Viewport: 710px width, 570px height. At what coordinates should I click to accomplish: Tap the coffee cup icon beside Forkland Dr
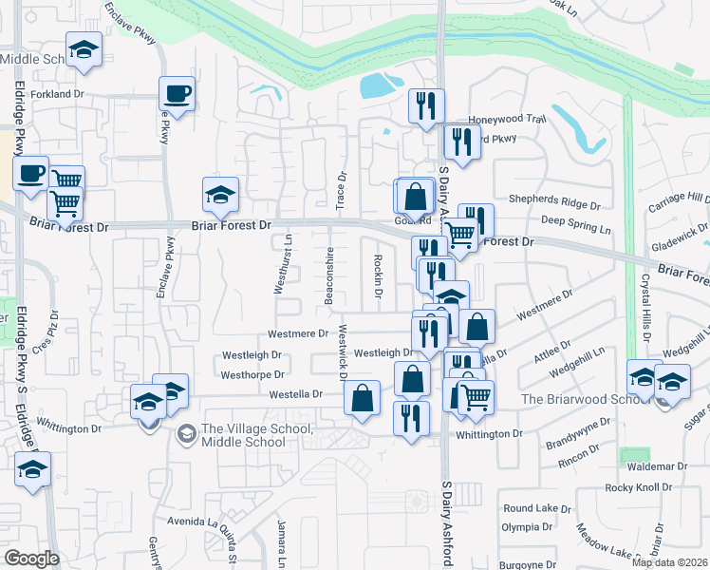[x=177, y=94]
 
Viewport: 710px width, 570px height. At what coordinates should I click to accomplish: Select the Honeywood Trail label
[x=509, y=120]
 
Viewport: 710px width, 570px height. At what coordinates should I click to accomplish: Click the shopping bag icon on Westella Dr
[x=363, y=398]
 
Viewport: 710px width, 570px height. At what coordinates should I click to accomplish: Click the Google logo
[x=31, y=559]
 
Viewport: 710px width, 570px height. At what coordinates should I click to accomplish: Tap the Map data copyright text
[x=669, y=562]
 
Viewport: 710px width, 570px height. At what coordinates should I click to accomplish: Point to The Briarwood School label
[x=570, y=399]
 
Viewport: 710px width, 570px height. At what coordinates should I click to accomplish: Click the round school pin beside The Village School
[x=186, y=433]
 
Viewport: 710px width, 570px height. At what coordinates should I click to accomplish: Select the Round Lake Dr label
[x=531, y=508]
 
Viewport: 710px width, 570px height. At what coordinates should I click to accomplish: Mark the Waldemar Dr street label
[x=657, y=466]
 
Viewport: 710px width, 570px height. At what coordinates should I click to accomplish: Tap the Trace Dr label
[x=342, y=190]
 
